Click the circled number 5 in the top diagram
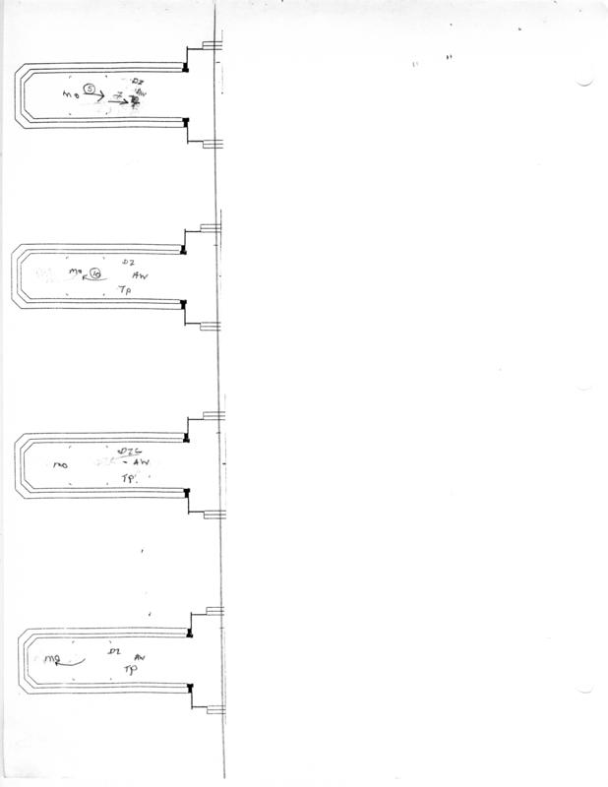click(x=90, y=90)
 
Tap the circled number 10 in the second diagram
click(x=94, y=273)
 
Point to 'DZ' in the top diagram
click(x=138, y=80)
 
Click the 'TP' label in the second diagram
click(x=124, y=292)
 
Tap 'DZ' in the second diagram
click(x=127, y=262)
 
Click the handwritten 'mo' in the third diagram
click(x=60, y=462)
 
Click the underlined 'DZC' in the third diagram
click(x=125, y=451)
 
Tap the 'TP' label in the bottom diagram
click(x=129, y=669)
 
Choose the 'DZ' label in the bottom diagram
click(x=114, y=652)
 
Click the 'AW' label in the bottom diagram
click(x=140, y=655)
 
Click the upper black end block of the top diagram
click(x=186, y=67)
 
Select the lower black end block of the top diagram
click(x=186, y=122)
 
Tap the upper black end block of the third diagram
click(x=187, y=436)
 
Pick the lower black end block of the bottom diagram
click(x=189, y=687)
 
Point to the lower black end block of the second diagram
click(x=184, y=304)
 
